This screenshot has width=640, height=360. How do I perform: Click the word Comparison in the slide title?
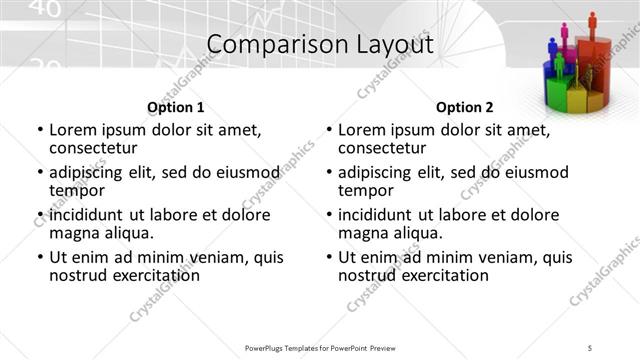[263, 45]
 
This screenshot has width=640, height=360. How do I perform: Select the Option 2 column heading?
[464, 107]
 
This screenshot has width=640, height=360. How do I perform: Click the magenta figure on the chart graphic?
[565, 33]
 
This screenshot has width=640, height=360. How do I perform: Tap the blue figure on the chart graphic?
[552, 46]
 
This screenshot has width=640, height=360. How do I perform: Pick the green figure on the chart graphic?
[560, 65]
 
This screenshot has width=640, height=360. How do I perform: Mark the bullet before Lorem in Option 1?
[39, 130]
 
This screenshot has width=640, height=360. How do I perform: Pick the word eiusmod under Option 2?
[531, 172]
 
